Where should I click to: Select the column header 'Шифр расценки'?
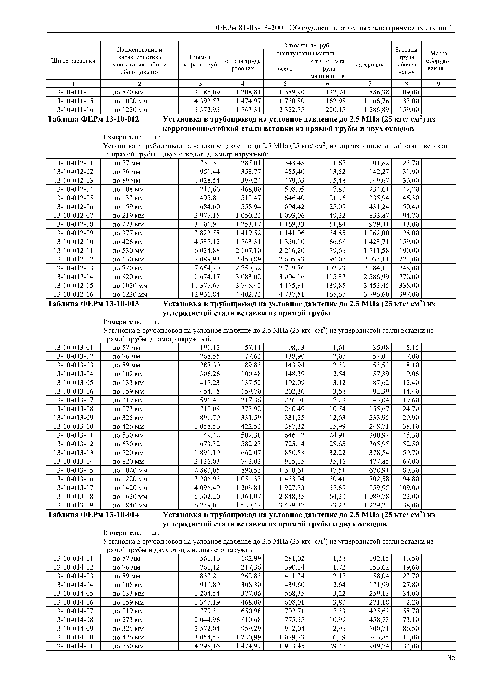(x=73, y=61)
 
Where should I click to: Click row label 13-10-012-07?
(x=73, y=215)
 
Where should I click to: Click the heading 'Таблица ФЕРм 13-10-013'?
(x=93, y=304)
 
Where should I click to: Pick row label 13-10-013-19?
(x=73, y=505)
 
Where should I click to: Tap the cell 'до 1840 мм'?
(x=130, y=505)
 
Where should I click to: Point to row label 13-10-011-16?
(x=73, y=110)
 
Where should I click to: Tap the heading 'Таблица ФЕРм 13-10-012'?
(x=93, y=119)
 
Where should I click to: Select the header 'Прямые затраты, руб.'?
(x=200, y=61)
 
